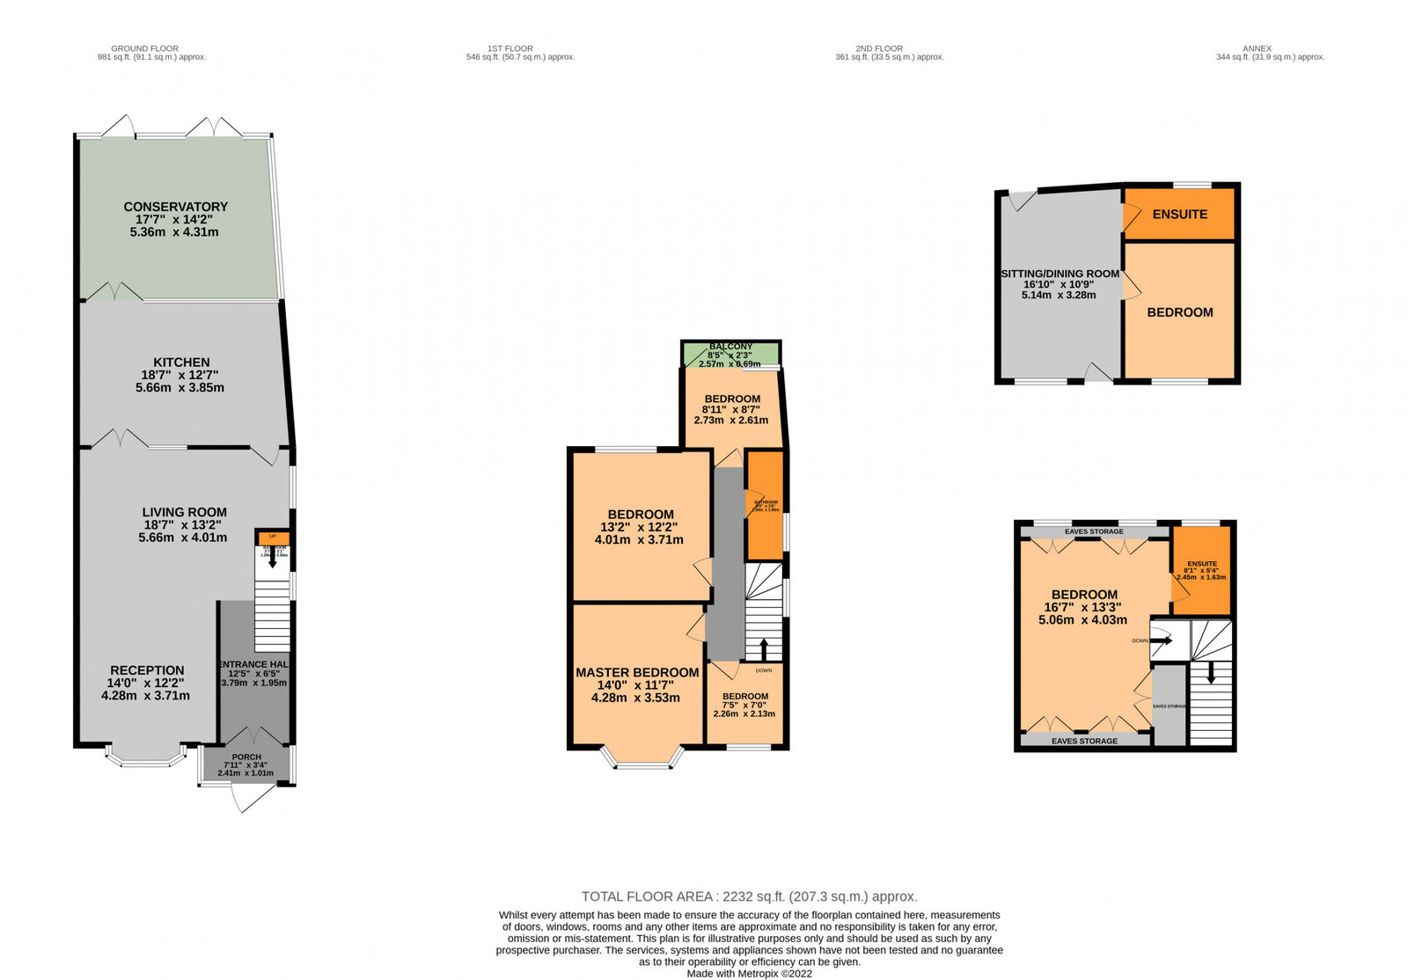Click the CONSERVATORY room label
(175, 207)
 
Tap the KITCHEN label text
(181, 362)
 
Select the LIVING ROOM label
(184, 512)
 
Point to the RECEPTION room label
(147, 670)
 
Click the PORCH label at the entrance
(246, 757)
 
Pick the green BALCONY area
(730, 354)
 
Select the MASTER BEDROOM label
(637, 672)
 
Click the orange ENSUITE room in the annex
(1179, 214)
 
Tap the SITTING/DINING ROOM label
(1060, 274)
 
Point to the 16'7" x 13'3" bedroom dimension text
(1082, 607)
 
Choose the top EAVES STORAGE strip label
(1094, 531)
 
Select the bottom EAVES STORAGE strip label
(1084, 741)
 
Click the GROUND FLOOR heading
(144, 48)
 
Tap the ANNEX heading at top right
(1257, 48)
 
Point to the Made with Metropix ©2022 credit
(749, 973)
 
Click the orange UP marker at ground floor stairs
(273, 537)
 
